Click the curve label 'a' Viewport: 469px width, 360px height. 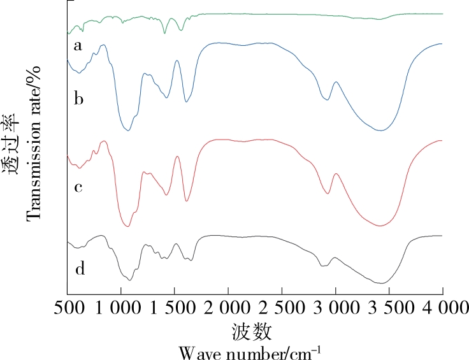(78, 46)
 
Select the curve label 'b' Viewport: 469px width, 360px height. (79, 99)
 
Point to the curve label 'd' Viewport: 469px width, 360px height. (80, 269)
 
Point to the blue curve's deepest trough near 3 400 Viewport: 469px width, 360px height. (380, 131)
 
